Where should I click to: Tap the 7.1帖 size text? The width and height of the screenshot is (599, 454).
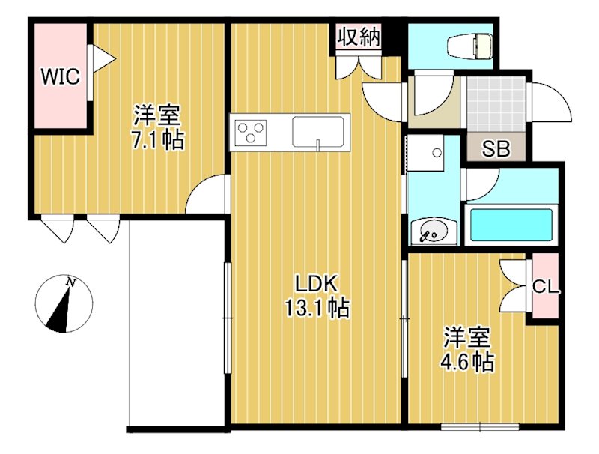pyautogui.click(x=157, y=139)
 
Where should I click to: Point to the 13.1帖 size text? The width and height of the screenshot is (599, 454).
pyautogui.click(x=317, y=307)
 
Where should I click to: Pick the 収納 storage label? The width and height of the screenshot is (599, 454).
pyautogui.click(x=359, y=37)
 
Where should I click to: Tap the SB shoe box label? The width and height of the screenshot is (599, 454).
pyautogui.click(x=495, y=148)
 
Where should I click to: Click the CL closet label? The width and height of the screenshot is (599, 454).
pyautogui.click(x=544, y=286)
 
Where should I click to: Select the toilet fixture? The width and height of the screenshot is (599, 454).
pyautogui.click(x=469, y=47)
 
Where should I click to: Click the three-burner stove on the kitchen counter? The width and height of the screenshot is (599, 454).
pyautogui.click(x=252, y=134)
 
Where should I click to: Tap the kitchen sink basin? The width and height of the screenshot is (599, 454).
pyautogui.click(x=320, y=133)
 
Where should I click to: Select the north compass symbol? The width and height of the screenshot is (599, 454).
pyautogui.click(x=64, y=304)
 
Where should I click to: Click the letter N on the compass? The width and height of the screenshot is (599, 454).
pyautogui.click(x=71, y=282)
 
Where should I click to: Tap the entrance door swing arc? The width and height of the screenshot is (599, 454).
pyautogui.click(x=553, y=103)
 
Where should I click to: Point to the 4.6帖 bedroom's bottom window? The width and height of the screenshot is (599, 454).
pyautogui.click(x=480, y=427)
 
